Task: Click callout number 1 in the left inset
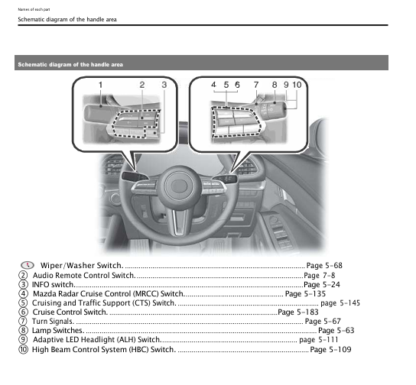tap(100, 84)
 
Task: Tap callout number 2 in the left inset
tap(141, 84)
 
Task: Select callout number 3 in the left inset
tap(163, 84)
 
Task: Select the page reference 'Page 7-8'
tap(319, 274)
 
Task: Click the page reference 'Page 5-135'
tap(305, 293)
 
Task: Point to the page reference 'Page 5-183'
tap(298, 312)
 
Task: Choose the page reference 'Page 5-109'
tap(330, 349)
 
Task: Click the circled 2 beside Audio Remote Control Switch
tap(24, 275)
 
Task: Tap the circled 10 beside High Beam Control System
tap(24, 349)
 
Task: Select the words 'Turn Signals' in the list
tap(54, 322)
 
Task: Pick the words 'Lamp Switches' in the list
tap(57, 331)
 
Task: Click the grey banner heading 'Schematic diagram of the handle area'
tap(70, 64)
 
